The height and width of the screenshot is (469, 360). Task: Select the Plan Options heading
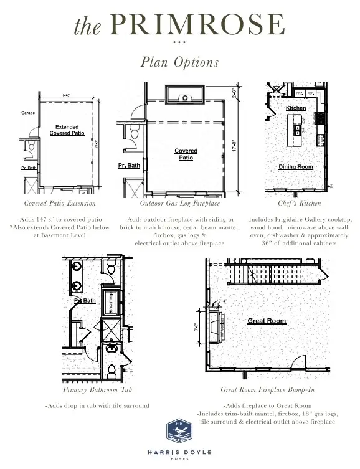pyautogui.click(x=179, y=62)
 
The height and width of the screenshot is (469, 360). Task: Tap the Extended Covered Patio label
pyautogui.click(x=67, y=130)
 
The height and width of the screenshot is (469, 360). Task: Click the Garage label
pyautogui.click(x=28, y=113)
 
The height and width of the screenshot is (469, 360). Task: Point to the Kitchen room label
pyautogui.click(x=296, y=108)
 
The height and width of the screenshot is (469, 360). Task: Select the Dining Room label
pyautogui.click(x=296, y=167)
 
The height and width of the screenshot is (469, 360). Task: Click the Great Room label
pyautogui.click(x=267, y=321)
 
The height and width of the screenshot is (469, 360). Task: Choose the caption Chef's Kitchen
pyautogui.click(x=300, y=203)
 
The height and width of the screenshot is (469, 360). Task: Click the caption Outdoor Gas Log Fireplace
pyautogui.click(x=179, y=203)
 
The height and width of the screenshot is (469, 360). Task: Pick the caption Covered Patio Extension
pyautogui.click(x=60, y=203)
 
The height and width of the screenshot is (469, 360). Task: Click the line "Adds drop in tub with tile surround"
pyautogui.click(x=97, y=405)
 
